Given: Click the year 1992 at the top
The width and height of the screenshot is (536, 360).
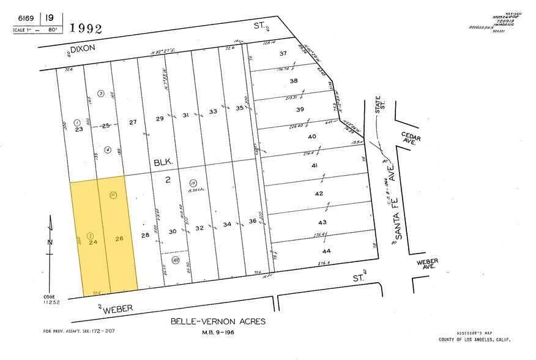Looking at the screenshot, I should (86, 28).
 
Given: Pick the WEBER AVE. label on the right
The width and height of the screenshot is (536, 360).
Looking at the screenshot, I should (428, 264).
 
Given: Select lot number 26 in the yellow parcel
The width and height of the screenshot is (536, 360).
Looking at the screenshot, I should (119, 238).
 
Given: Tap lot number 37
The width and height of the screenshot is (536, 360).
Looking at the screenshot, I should (283, 53).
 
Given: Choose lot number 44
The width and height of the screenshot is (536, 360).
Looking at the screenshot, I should (326, 251).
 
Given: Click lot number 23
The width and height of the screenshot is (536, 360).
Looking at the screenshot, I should (78, 129).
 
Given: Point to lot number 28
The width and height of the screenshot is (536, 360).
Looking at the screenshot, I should (145, 235).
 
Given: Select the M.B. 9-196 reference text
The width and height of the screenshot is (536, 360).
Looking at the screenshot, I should (218, 332).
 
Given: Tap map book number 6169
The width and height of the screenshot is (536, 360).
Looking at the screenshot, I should (26, 18).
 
